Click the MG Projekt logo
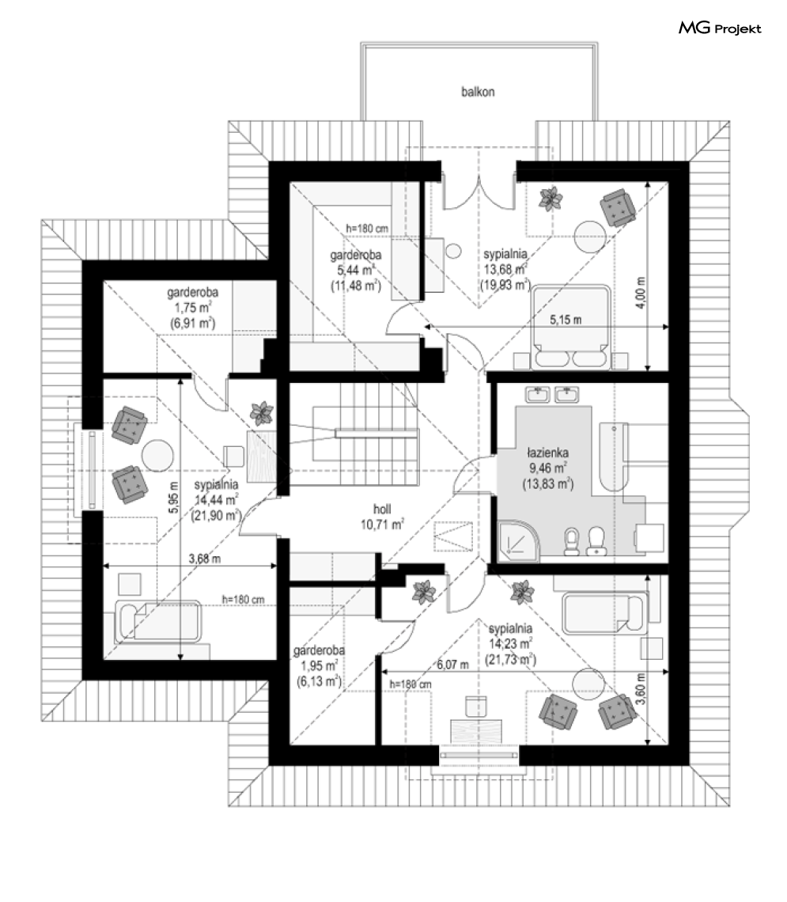point(720,29)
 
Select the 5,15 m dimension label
point(566,320)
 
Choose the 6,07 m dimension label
point(453,665)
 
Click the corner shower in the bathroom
point(517,540)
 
